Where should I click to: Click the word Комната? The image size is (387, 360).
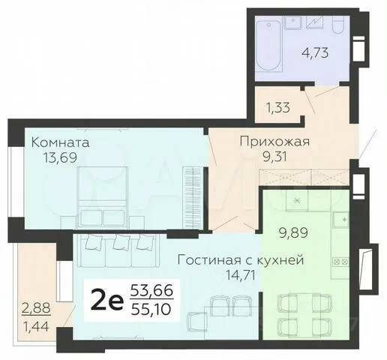[60, 143]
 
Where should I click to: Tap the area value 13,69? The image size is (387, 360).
[60, 157]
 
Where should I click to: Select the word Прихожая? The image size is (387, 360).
[274, 142]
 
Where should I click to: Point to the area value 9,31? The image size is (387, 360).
[274, 157]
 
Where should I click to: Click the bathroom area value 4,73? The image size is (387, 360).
[315, 52]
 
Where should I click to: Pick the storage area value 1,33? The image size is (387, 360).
[277, 108]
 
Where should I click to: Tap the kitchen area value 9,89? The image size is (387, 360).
[293, 233]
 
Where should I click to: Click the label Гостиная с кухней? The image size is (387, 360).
[241, 260]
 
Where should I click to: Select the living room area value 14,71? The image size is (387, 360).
[240, 275]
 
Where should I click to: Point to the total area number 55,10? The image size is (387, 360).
[151, 310]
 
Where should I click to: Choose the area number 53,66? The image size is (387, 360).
[151, 291]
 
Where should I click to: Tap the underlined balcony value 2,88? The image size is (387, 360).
[37, 308]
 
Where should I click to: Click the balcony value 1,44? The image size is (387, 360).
[36, 326]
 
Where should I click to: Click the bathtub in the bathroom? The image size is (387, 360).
[268, 45]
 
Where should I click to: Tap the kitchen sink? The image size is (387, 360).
[341, 219]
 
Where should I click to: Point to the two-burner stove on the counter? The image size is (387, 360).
[340, 262]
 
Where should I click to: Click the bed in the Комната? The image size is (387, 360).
[102, 197]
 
